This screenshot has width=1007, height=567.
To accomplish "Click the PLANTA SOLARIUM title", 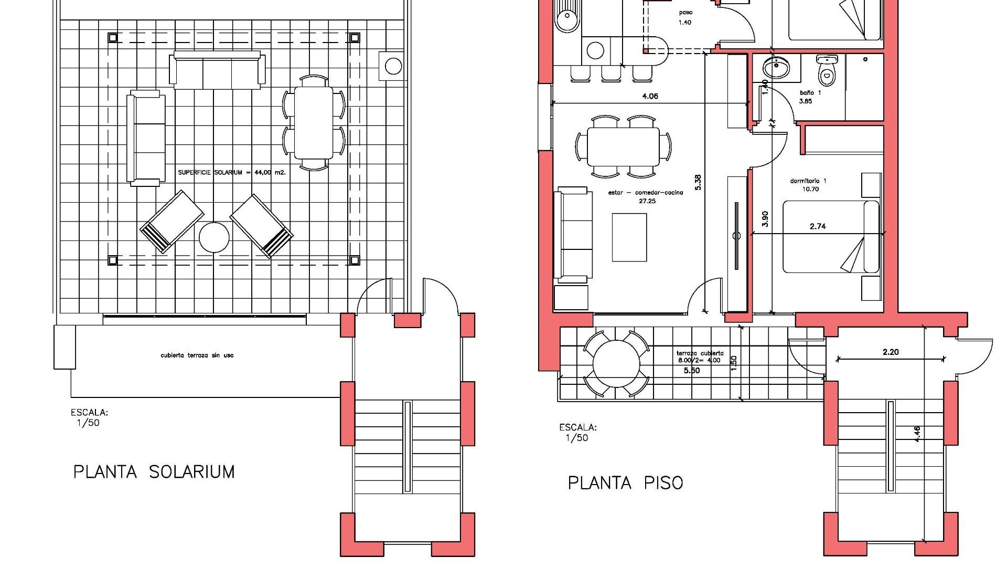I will point(154,471).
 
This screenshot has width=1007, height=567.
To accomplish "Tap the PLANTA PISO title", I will point(625,482).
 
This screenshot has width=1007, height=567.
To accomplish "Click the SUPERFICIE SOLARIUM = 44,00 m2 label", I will point(231,172).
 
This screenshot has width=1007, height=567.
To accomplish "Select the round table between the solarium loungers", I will point(214,237).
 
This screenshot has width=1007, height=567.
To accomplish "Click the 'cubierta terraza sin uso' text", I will point(197,355).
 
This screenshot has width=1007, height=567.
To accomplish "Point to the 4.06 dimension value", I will point(650,96).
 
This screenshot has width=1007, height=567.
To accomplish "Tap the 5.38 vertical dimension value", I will point(698,182).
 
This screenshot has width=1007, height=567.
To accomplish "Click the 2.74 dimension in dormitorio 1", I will point(818,226).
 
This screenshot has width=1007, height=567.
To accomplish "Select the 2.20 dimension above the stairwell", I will point(891,352).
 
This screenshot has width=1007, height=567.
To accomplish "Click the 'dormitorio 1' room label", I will point(808,181).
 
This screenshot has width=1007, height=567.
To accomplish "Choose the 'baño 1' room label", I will point(810,92).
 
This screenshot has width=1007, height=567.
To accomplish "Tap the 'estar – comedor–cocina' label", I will point(645,193).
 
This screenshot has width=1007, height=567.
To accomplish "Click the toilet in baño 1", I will point(827,73).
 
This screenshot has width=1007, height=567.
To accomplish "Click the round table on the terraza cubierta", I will point(616,363).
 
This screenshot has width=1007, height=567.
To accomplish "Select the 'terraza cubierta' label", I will point(700,353).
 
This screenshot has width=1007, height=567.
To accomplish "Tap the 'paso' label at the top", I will point(685,13).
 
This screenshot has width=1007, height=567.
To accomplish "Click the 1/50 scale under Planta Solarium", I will point(88,423).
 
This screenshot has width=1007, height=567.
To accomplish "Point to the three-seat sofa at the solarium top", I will point(217,70).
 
